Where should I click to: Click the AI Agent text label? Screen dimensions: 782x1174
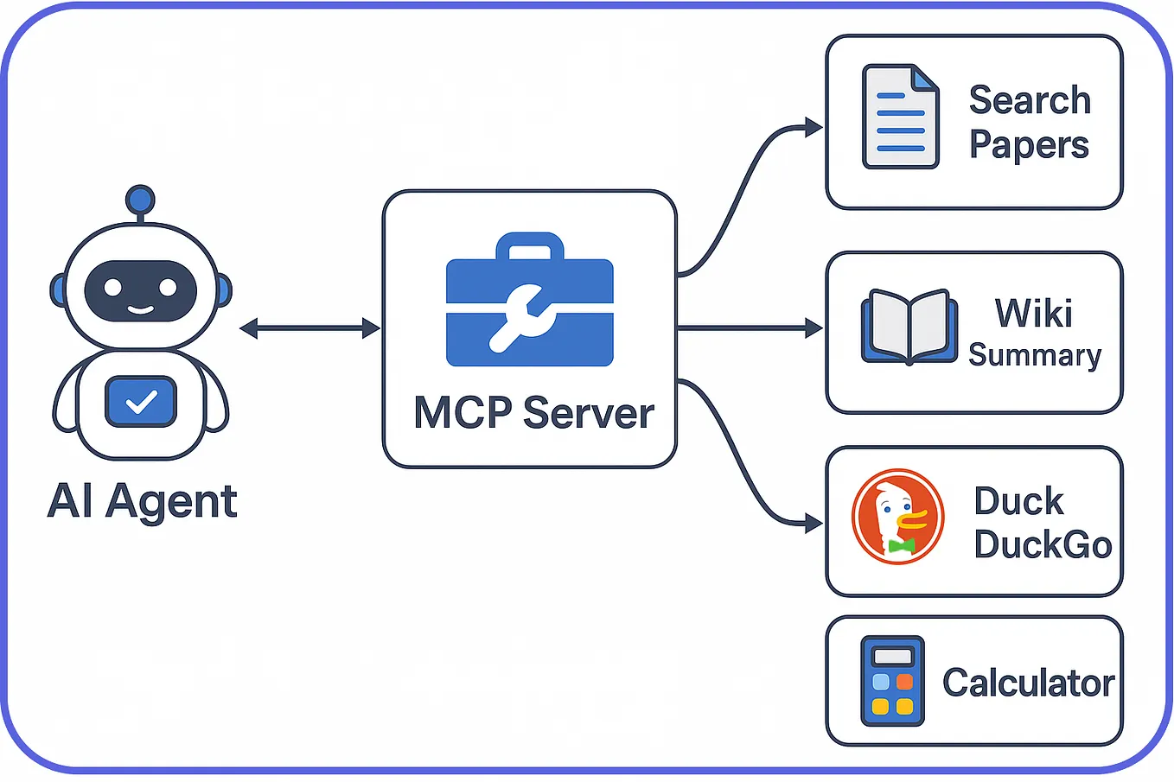(142, 501)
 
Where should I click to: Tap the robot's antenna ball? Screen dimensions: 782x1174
(140, 200)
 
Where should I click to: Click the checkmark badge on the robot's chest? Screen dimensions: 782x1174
(141, 402)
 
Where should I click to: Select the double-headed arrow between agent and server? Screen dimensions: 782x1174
(309, 328)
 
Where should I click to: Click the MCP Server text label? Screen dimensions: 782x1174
(533, 413)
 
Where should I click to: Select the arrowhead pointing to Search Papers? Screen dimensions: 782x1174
(813, 128)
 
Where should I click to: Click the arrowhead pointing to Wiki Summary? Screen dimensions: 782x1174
(813, 328)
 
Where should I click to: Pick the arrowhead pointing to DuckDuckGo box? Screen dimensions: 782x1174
(813, 523)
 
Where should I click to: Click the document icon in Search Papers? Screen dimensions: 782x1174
(900, 117)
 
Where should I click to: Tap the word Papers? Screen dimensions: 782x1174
(1029, 145)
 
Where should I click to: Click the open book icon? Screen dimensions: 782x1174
(909, 327)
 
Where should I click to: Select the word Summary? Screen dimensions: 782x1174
(1035, 355)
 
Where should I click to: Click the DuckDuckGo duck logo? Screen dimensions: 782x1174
(897, 517)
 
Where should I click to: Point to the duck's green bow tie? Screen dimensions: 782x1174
(901, 545)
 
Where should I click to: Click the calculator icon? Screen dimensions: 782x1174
(892, 681)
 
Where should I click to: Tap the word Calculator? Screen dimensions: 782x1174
(1028, 683)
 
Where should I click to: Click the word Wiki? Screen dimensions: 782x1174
(1034, 313)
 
